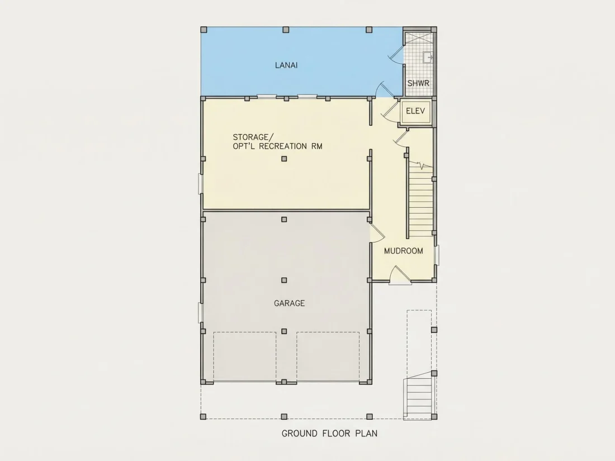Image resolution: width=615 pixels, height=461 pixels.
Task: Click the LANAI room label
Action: click(286, 65)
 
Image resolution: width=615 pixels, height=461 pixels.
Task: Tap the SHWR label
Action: click(418, 83)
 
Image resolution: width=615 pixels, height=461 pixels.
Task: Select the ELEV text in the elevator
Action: click(415, 111)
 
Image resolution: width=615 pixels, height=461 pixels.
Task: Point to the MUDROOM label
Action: click(404, 251)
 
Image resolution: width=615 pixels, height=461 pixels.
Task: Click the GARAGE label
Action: click(290, 303)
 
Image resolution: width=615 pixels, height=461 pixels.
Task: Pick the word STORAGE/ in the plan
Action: click(253, 137)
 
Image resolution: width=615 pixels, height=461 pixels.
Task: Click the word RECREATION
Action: click(285, 146)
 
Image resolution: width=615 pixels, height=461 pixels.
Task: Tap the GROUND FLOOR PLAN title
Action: click(329, 434)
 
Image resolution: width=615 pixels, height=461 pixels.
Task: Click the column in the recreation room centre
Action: click(284, 159)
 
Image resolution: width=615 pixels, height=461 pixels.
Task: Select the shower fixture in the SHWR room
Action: click(428, 57)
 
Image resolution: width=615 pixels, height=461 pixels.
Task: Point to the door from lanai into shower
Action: click(396, 55)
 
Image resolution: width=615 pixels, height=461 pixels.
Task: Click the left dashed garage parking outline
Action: click(245, 357)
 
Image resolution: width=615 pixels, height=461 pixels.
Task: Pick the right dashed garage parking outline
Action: click(328, 357)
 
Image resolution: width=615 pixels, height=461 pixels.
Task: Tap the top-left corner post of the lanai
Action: click(204, 30)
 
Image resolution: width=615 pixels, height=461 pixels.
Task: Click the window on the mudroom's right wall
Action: click(437, 255)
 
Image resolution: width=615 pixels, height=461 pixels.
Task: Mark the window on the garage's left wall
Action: click(200, 312)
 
